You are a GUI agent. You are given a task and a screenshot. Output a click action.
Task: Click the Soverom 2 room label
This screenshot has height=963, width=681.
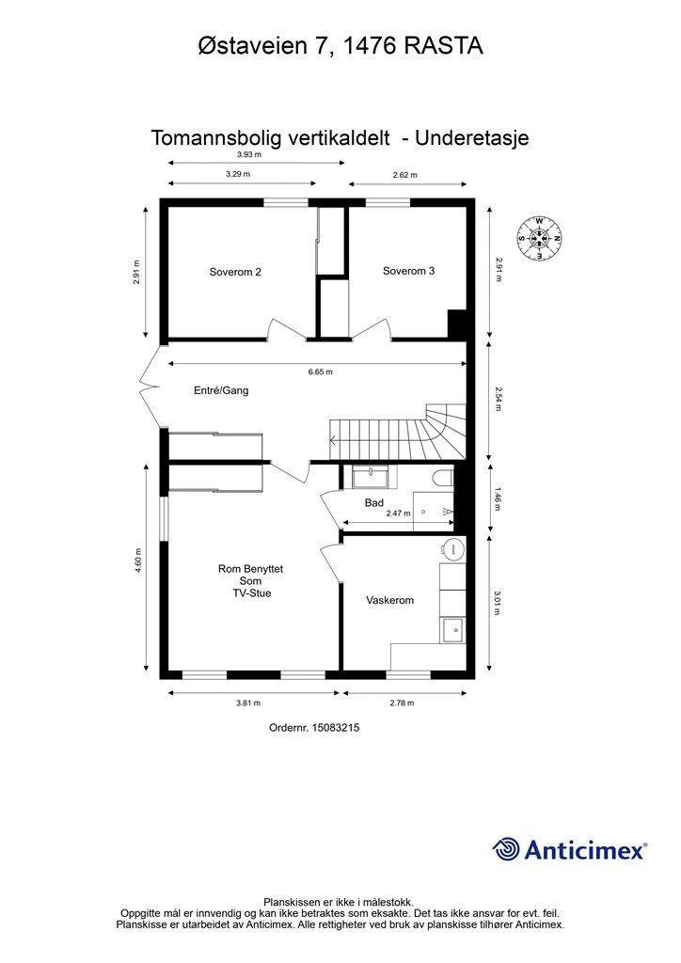pos(235,272)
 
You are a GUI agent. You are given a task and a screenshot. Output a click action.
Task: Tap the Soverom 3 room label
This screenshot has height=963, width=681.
pos(408,271)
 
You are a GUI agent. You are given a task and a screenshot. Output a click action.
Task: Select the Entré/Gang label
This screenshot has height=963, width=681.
pos(221,390)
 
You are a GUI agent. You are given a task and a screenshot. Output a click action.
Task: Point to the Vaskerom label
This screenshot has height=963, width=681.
pos(390,600)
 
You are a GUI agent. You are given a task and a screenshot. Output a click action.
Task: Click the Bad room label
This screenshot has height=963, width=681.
pos(374,503)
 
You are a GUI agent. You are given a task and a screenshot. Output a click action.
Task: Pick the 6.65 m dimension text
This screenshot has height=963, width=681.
pos(321,371)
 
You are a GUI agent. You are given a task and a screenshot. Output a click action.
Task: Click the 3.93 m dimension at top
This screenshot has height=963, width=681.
pos(249,155)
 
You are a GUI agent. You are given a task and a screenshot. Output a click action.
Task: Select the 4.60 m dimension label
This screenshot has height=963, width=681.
pos(139,560)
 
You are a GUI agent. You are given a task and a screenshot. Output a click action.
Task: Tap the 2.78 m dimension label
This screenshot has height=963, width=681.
pos(403,703)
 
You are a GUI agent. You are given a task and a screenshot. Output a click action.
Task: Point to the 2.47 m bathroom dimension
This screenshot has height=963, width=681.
pos(398,513)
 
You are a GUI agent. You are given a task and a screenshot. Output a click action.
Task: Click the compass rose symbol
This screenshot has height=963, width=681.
pos(539,238)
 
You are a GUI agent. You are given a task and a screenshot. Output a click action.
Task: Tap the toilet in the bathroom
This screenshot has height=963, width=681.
pos(443,477)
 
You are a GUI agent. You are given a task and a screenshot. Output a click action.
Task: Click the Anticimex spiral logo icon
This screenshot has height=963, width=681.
pos(506,850)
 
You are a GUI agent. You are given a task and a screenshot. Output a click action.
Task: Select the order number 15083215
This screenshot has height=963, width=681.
pos(335,728)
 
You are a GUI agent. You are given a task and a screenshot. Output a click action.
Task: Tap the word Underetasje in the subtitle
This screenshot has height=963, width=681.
pos(471,137)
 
